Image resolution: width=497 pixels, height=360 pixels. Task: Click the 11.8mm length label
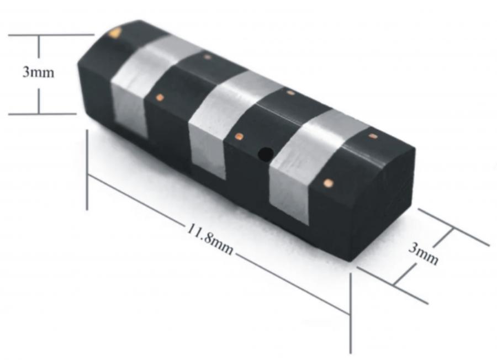(210, 238)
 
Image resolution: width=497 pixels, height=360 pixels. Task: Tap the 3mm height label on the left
(38, 72)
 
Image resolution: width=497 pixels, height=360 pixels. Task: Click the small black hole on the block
(266, 154)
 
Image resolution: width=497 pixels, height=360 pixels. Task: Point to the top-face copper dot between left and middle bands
(207, 57)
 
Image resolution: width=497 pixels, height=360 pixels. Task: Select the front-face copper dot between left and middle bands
(160, 98)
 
